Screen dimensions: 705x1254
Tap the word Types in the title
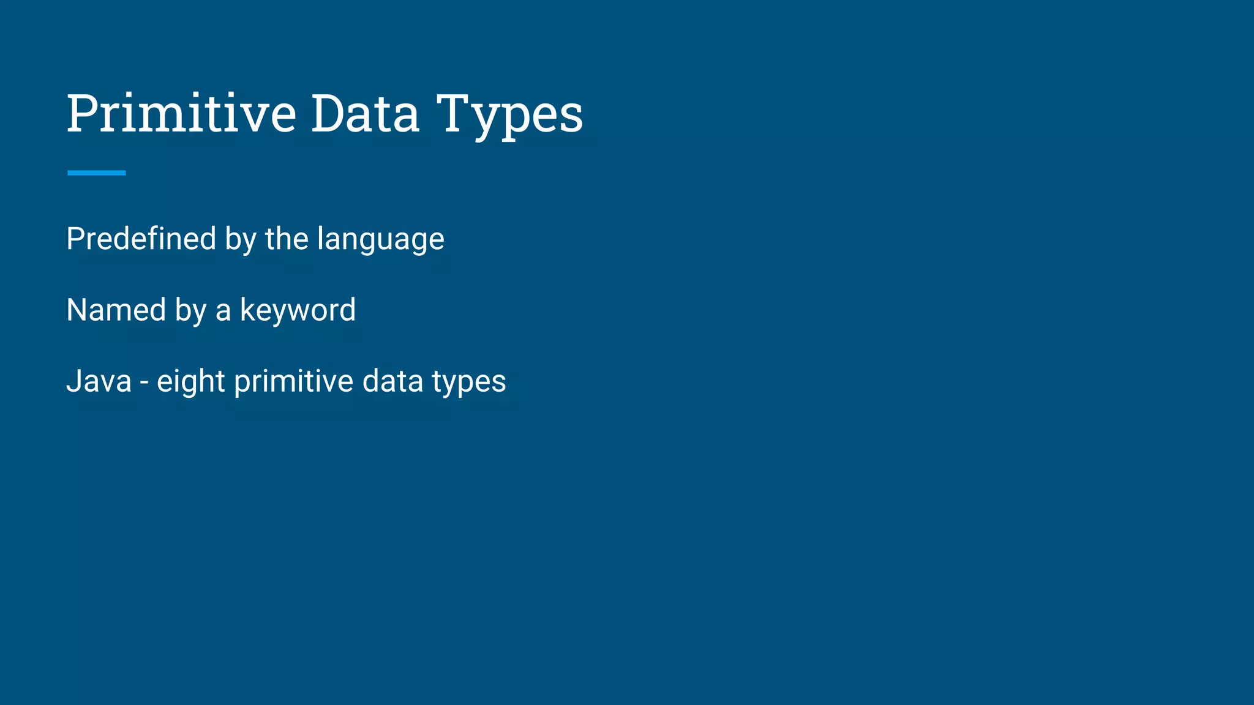coord(509,115)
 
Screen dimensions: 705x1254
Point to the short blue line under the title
coord(96,173)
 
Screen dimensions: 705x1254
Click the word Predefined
coord(141,238)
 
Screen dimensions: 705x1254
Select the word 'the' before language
coord(287,238)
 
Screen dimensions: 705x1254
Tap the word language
coord(381,240)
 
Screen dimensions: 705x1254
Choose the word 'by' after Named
coord(190,311)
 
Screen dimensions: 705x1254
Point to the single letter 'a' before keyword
coord(223,311)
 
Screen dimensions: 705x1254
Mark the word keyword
coord(298,310)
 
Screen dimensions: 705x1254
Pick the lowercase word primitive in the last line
coord(293,382)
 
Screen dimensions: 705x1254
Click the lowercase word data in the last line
coord(392,381)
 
